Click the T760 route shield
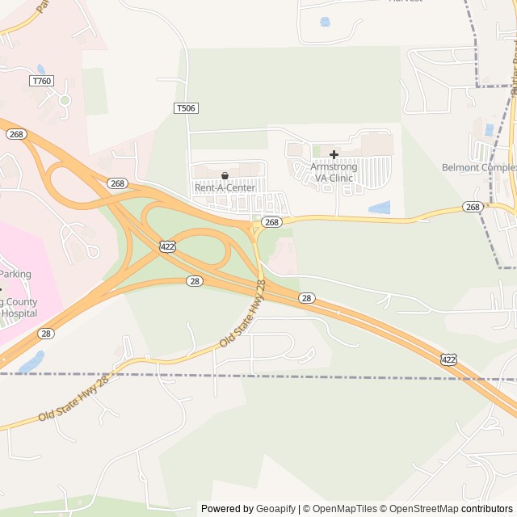pos(41,81)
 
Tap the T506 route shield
pos(186,107)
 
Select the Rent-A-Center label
pos(225,187)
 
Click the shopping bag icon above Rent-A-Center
pos(225,175)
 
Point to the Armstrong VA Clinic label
pos(333,172)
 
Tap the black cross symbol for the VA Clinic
pos(334,153)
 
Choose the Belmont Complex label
pos(479,168)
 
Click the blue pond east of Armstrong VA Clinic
pos(379,208)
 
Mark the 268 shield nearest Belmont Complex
pos(473,208)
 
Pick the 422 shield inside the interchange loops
pos(167,246)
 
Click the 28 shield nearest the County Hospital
pos(46,333)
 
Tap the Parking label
pos(15,274)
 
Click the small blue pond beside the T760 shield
pos(41,69)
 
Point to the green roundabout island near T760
pos(65,100)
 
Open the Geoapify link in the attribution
pos(275,509)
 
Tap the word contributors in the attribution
pos(487,509)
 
